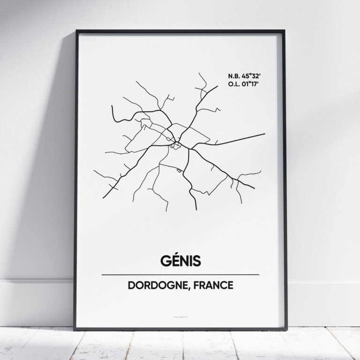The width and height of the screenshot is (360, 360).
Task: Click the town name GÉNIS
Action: click(x=180, y=261)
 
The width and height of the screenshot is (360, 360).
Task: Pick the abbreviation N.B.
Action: click(x=233, y=75)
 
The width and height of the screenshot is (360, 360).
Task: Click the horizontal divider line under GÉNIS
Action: click(x=180, y=274)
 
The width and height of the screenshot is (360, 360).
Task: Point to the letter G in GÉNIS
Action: click(x=165, y=261)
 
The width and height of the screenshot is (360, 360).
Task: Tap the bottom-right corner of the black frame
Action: click(x=286, y=329)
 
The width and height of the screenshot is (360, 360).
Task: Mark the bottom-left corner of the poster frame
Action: click(x=74, y=329)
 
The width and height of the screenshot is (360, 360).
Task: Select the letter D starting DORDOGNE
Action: click(x=131, y=285)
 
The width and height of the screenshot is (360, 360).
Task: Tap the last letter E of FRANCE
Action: click(x=230, y=285)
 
